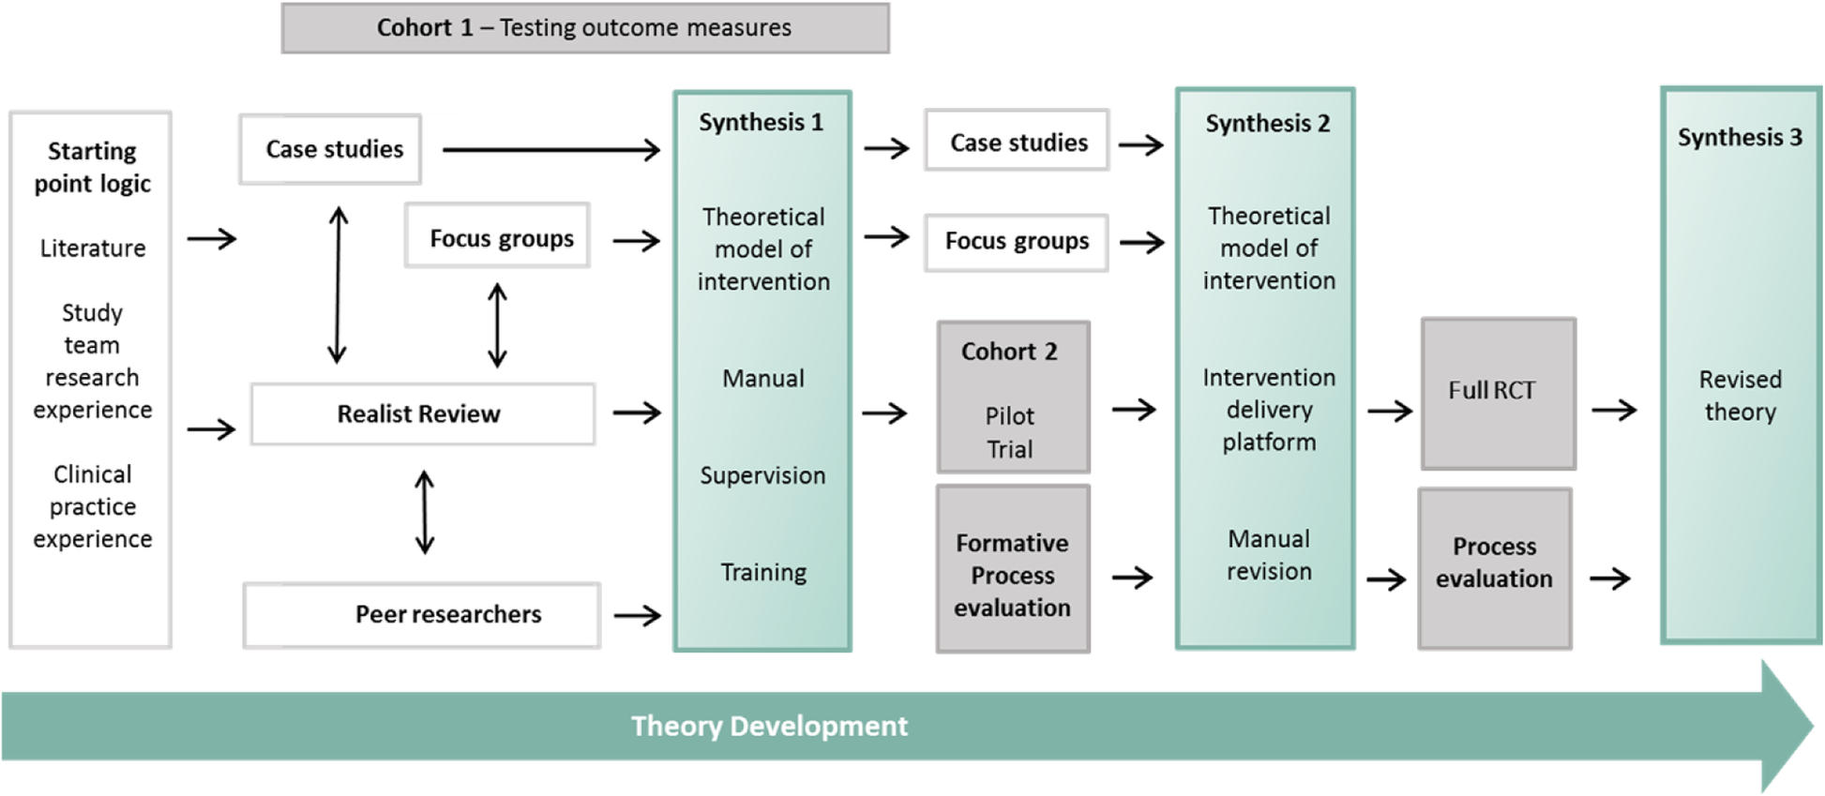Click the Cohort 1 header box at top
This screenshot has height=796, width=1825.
(584, 28)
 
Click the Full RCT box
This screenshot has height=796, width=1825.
(1497, 393)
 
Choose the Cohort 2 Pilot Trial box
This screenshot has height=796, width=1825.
(1012, 398)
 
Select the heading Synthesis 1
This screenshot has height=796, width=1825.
(761, 123)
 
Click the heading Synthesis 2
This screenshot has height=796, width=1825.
(1267, 124)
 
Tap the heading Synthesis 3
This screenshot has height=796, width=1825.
(1740, 138)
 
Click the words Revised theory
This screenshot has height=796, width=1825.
(1740, 396)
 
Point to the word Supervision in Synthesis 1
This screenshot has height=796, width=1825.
(762, 475)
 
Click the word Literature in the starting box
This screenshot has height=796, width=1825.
(93, 248)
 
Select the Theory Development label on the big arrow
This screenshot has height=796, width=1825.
(769, 726)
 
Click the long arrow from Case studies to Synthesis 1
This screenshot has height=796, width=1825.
(551, 149)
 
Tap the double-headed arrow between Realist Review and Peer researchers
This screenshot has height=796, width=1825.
(425, 512)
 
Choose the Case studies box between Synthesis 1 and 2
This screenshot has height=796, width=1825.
(1017, 142)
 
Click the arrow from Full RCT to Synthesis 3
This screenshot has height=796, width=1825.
(1614, 410)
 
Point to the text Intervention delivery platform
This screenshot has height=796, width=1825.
(1268, 410)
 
